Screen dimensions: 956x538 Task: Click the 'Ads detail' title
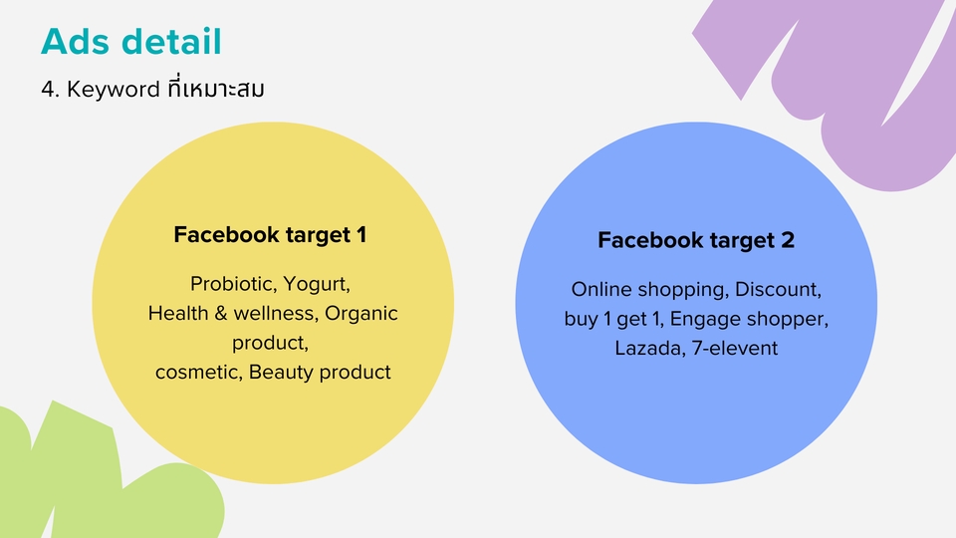(131, 42)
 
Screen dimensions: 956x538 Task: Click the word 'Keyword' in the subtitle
(114, 89)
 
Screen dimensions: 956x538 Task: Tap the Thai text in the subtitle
(215, 88)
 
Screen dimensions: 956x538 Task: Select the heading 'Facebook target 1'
(270, 235)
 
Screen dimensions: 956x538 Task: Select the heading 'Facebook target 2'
(696, 240)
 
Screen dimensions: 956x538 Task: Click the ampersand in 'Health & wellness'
(220, 314)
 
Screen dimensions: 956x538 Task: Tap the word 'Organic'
(360, 314)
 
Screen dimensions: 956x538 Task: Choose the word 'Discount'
(778, 289)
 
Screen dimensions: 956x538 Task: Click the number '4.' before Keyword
(50, 90)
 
